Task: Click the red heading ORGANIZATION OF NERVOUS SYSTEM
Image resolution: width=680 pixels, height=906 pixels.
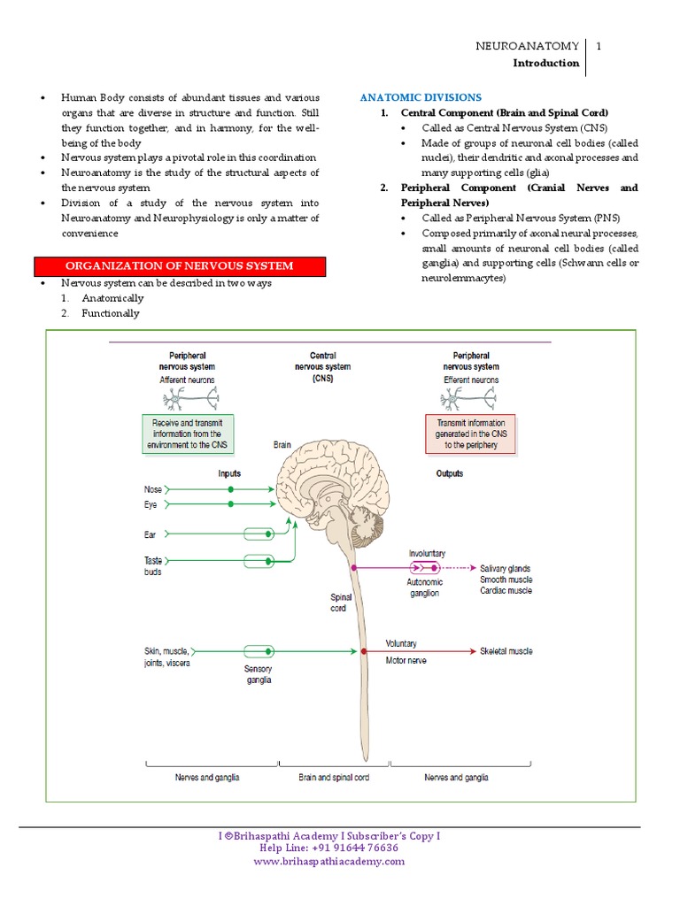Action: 180,266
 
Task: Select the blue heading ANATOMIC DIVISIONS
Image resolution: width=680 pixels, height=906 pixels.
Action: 421,97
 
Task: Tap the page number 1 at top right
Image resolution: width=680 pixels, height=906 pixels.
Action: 599,46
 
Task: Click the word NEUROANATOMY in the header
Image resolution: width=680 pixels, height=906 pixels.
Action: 528,46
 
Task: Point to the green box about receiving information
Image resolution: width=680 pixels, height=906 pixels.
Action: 188,434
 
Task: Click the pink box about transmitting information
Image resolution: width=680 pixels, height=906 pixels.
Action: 471,434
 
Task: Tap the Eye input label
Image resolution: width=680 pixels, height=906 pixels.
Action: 151,504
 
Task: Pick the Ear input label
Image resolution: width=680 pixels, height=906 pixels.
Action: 151,535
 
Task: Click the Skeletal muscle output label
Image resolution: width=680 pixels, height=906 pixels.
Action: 506,651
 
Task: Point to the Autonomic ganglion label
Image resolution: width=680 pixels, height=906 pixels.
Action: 425,588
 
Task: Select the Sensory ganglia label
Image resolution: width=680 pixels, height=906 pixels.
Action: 259,675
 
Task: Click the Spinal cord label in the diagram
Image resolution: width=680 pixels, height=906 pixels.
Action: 341,603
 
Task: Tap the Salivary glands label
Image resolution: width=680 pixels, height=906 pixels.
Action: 506,569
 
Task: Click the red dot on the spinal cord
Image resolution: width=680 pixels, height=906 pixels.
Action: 364,651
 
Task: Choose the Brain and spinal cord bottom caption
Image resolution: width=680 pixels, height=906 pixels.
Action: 334,778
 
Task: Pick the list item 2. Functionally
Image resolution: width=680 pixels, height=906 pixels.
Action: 101,313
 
